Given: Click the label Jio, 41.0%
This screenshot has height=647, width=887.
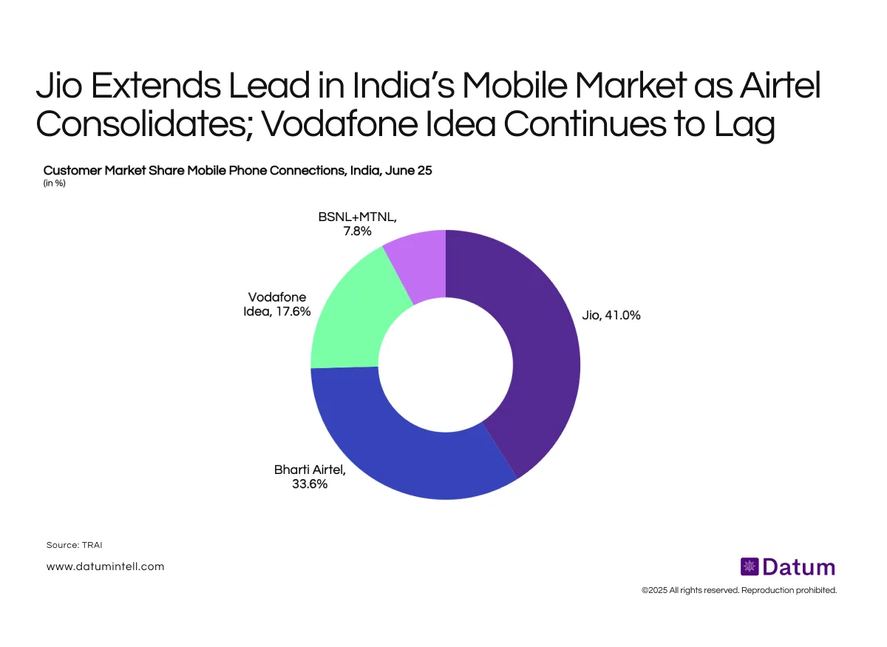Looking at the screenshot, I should click(x=606, y=316).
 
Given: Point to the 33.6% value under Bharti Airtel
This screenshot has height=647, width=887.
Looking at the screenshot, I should click(x=310, y=484).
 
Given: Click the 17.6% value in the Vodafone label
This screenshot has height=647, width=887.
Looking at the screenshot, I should click(x=291, y=311).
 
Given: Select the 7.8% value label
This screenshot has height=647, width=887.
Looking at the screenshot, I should click(x=357, y=231).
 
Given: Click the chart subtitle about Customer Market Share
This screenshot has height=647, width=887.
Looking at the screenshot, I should click(x=238, y=170).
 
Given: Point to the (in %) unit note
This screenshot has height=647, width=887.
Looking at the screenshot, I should click(x=55, y=183).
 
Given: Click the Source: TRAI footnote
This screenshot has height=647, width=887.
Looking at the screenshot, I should click(x=74, y=545).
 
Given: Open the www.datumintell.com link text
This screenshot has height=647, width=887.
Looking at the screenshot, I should click(x=105, y=566).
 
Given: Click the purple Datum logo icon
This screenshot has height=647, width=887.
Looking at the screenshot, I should click(x=750, y=567).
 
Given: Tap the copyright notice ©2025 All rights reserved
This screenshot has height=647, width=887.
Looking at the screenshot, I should click(x=739, y=591).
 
